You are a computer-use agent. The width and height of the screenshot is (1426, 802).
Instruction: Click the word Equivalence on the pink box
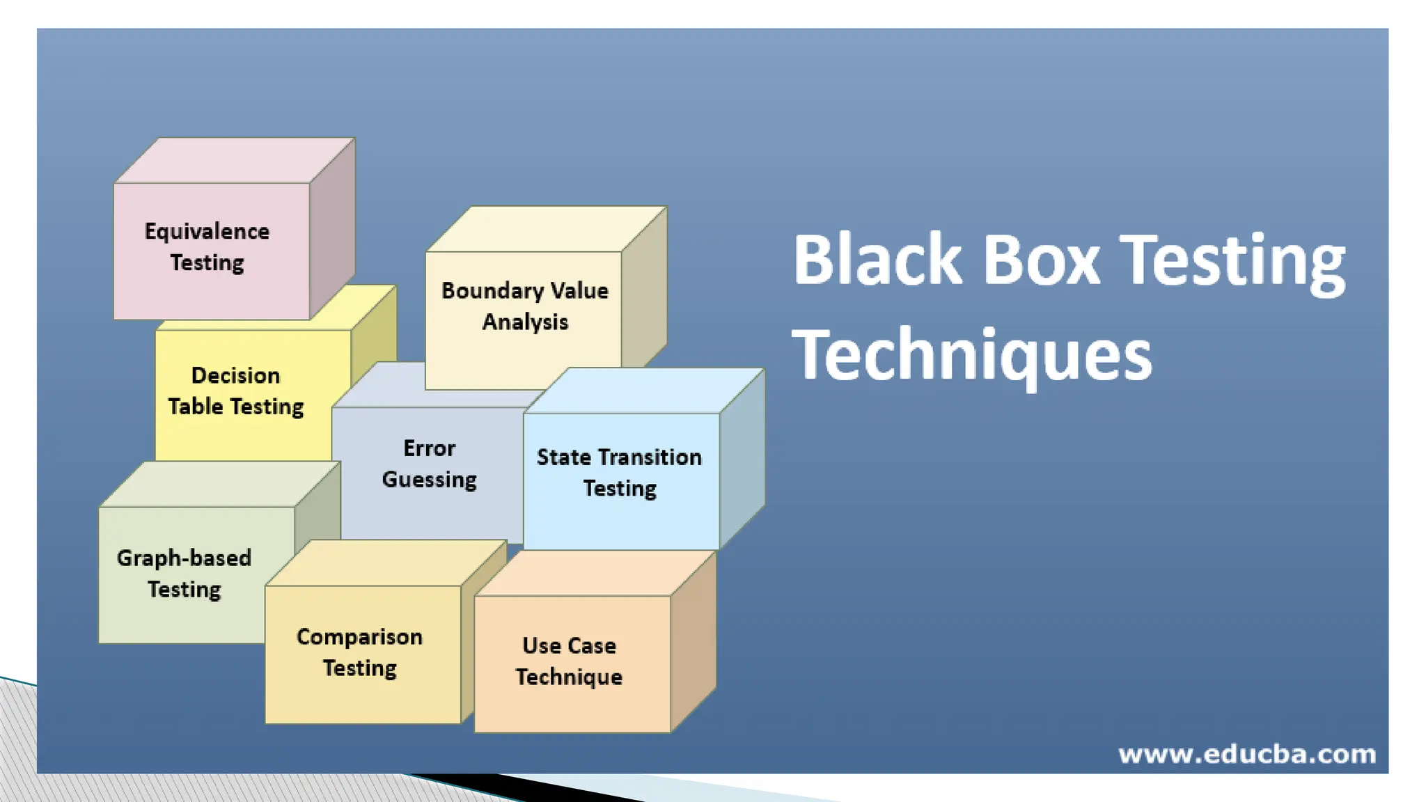click(207, 231)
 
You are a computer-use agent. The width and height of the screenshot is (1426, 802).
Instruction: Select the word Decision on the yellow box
click(235, 375)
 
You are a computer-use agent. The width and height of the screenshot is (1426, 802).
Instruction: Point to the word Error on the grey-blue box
click(429, 448)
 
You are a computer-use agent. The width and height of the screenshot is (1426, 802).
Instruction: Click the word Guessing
click(429, 480)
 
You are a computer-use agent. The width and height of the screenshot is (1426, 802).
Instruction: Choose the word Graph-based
click(184, 558)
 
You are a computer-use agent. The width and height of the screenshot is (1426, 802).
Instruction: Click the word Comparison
click(359, 637)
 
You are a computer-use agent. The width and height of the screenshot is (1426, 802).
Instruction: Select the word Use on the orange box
click(542, 645)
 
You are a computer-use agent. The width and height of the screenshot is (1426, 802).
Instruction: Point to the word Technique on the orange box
click(569, 677)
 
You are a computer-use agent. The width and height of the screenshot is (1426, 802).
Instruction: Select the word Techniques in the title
click(972, 355)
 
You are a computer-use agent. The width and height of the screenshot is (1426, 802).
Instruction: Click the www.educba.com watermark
click(1246, 754)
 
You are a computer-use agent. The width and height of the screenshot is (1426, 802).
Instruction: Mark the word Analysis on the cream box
click(525, 322)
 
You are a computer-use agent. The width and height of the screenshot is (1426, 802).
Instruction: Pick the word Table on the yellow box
click(195, 407)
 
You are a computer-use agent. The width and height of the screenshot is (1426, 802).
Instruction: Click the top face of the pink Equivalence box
click(235, 161)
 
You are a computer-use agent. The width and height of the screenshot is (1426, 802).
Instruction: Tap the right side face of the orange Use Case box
click(693, 640)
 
